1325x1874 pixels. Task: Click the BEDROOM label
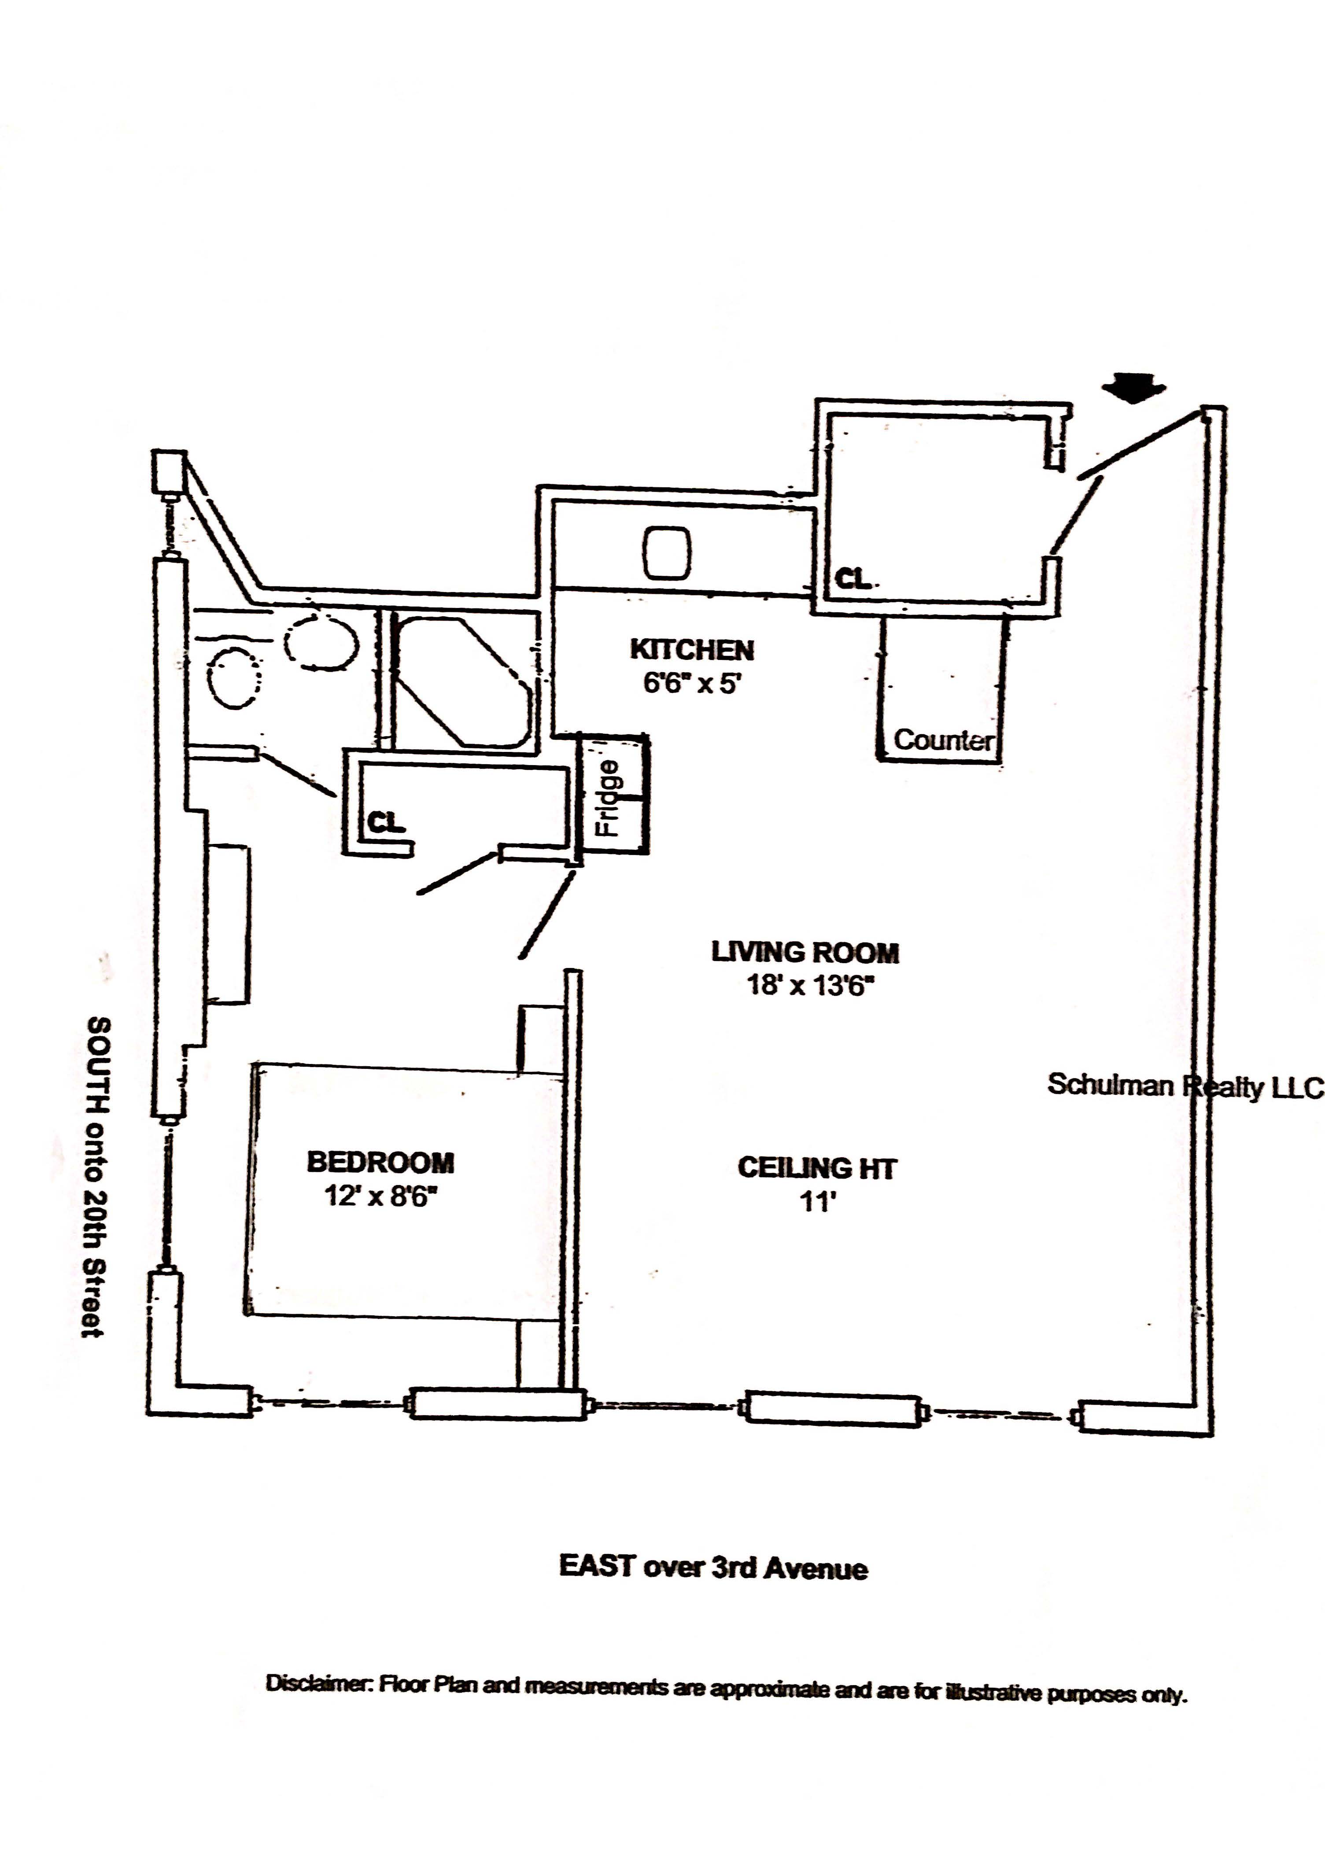point(380,1162)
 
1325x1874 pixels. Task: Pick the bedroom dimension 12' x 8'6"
point(380,1197)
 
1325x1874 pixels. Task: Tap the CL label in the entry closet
point(853,579)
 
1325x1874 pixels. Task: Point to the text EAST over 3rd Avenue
point(713,1567)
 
